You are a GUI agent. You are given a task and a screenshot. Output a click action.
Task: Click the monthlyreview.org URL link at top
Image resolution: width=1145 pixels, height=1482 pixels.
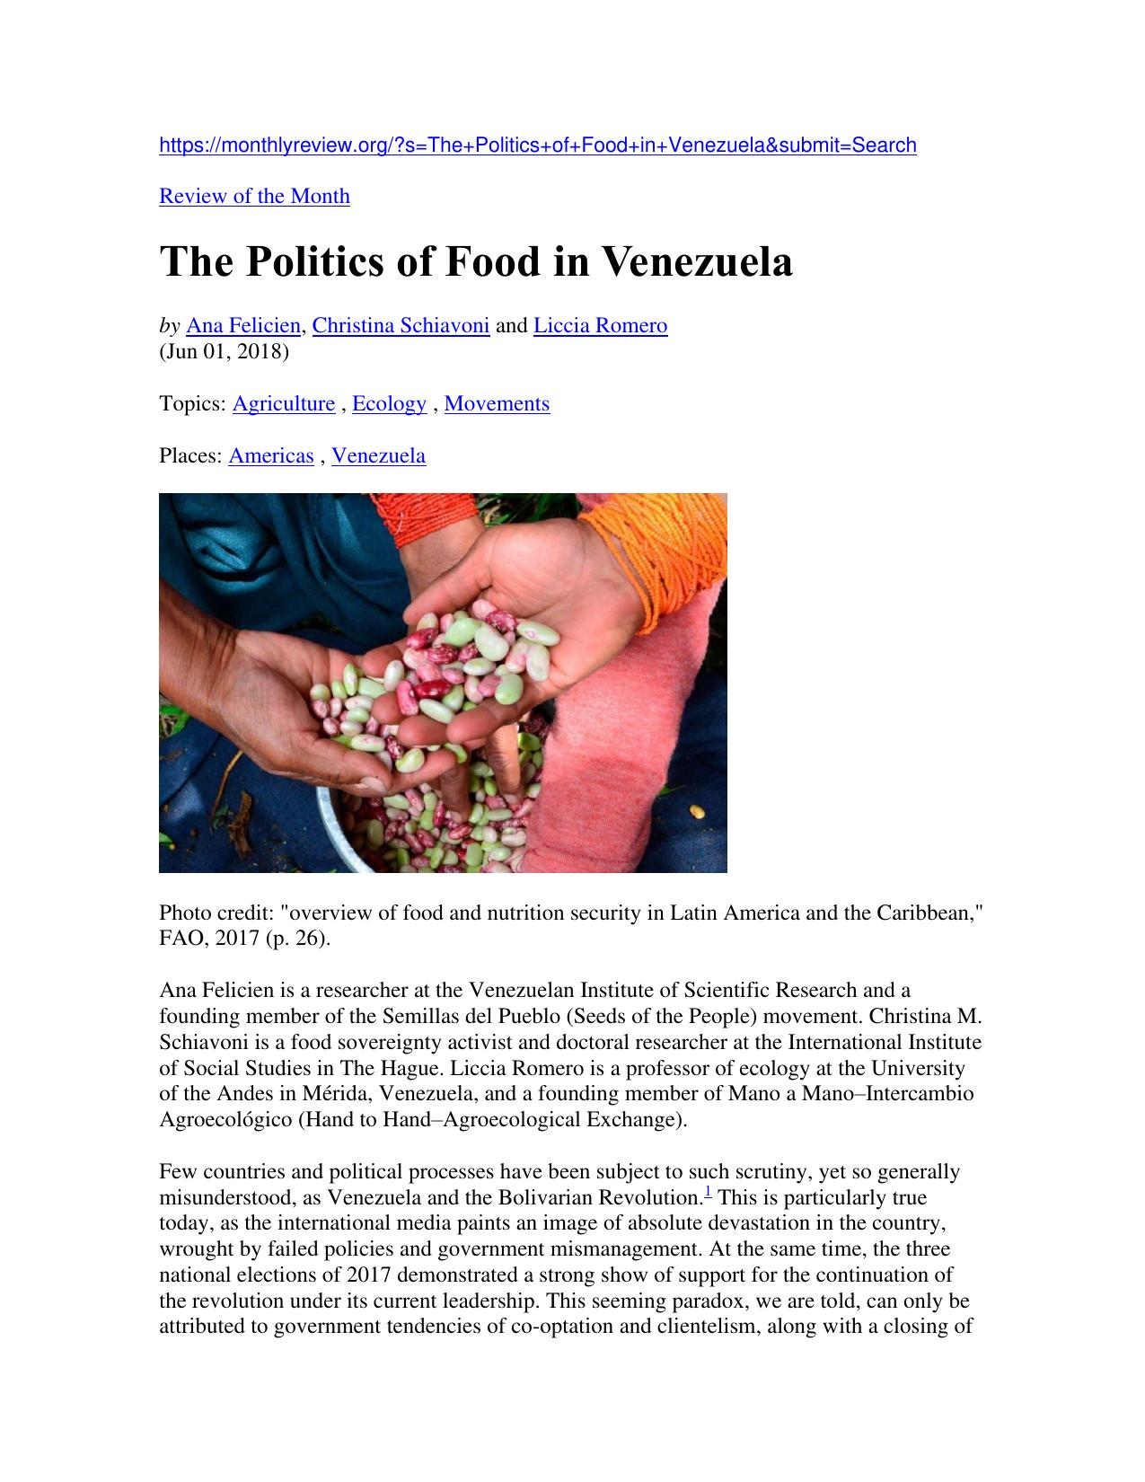537,146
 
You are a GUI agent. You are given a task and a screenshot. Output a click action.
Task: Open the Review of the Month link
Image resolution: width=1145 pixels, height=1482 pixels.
254,197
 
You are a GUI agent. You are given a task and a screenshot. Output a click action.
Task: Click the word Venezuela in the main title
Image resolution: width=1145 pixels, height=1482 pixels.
696,262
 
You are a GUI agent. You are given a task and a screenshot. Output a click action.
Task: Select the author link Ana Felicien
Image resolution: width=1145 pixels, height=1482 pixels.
242,325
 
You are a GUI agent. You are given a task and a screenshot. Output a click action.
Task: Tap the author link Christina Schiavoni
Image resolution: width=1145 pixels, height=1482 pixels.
401,325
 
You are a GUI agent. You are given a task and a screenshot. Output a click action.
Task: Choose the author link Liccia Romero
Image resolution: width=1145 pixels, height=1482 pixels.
600,325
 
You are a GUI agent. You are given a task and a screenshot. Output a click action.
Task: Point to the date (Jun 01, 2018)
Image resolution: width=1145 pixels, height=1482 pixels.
224,351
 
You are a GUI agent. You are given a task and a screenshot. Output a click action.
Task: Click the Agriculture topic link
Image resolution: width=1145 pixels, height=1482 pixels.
283,404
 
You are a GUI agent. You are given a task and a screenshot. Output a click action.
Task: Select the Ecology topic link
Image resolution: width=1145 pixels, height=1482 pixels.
389,404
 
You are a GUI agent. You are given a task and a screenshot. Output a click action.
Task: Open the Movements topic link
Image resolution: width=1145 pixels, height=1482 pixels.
497,404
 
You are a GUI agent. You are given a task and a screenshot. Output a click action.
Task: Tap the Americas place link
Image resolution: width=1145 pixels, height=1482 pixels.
271,456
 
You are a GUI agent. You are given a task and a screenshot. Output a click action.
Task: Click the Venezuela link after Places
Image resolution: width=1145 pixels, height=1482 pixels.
378,456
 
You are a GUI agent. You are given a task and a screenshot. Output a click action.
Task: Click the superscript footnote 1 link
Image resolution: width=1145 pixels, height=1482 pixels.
708,1193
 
